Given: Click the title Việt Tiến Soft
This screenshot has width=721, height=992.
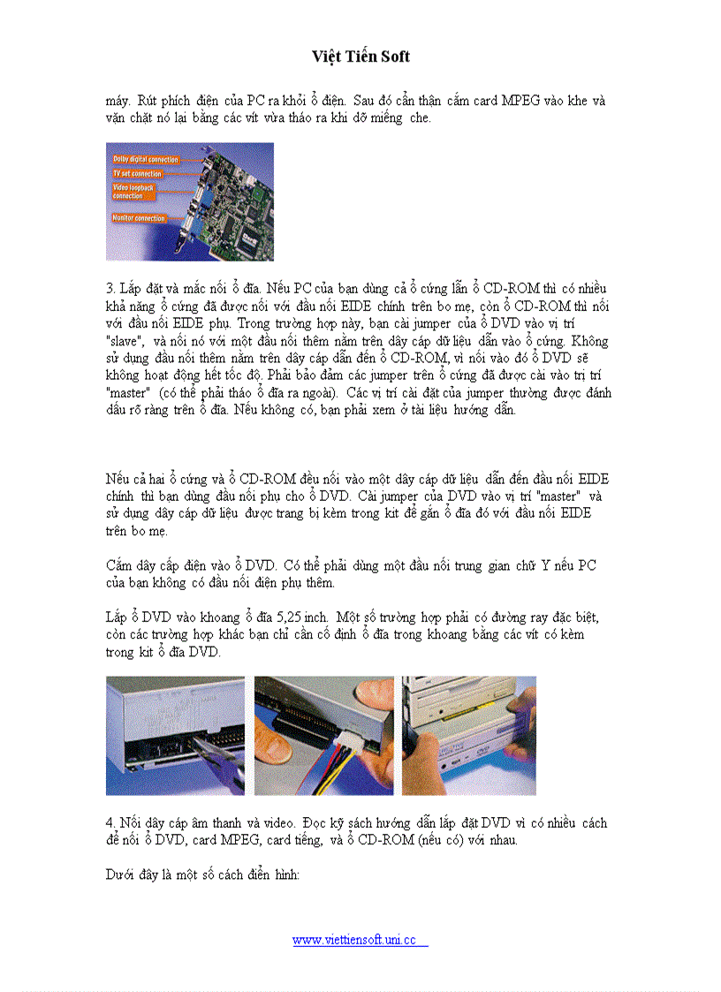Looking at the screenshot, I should pos(360,57).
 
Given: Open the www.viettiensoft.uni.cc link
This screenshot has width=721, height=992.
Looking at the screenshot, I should pos(360,940).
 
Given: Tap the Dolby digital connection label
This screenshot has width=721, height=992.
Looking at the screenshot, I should pos(146,160).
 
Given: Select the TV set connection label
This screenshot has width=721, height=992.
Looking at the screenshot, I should pos(137,174).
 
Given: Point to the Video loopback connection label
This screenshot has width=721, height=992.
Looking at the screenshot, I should pos(134,192).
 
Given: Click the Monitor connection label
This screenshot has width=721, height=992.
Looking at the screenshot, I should pos(139,217).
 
